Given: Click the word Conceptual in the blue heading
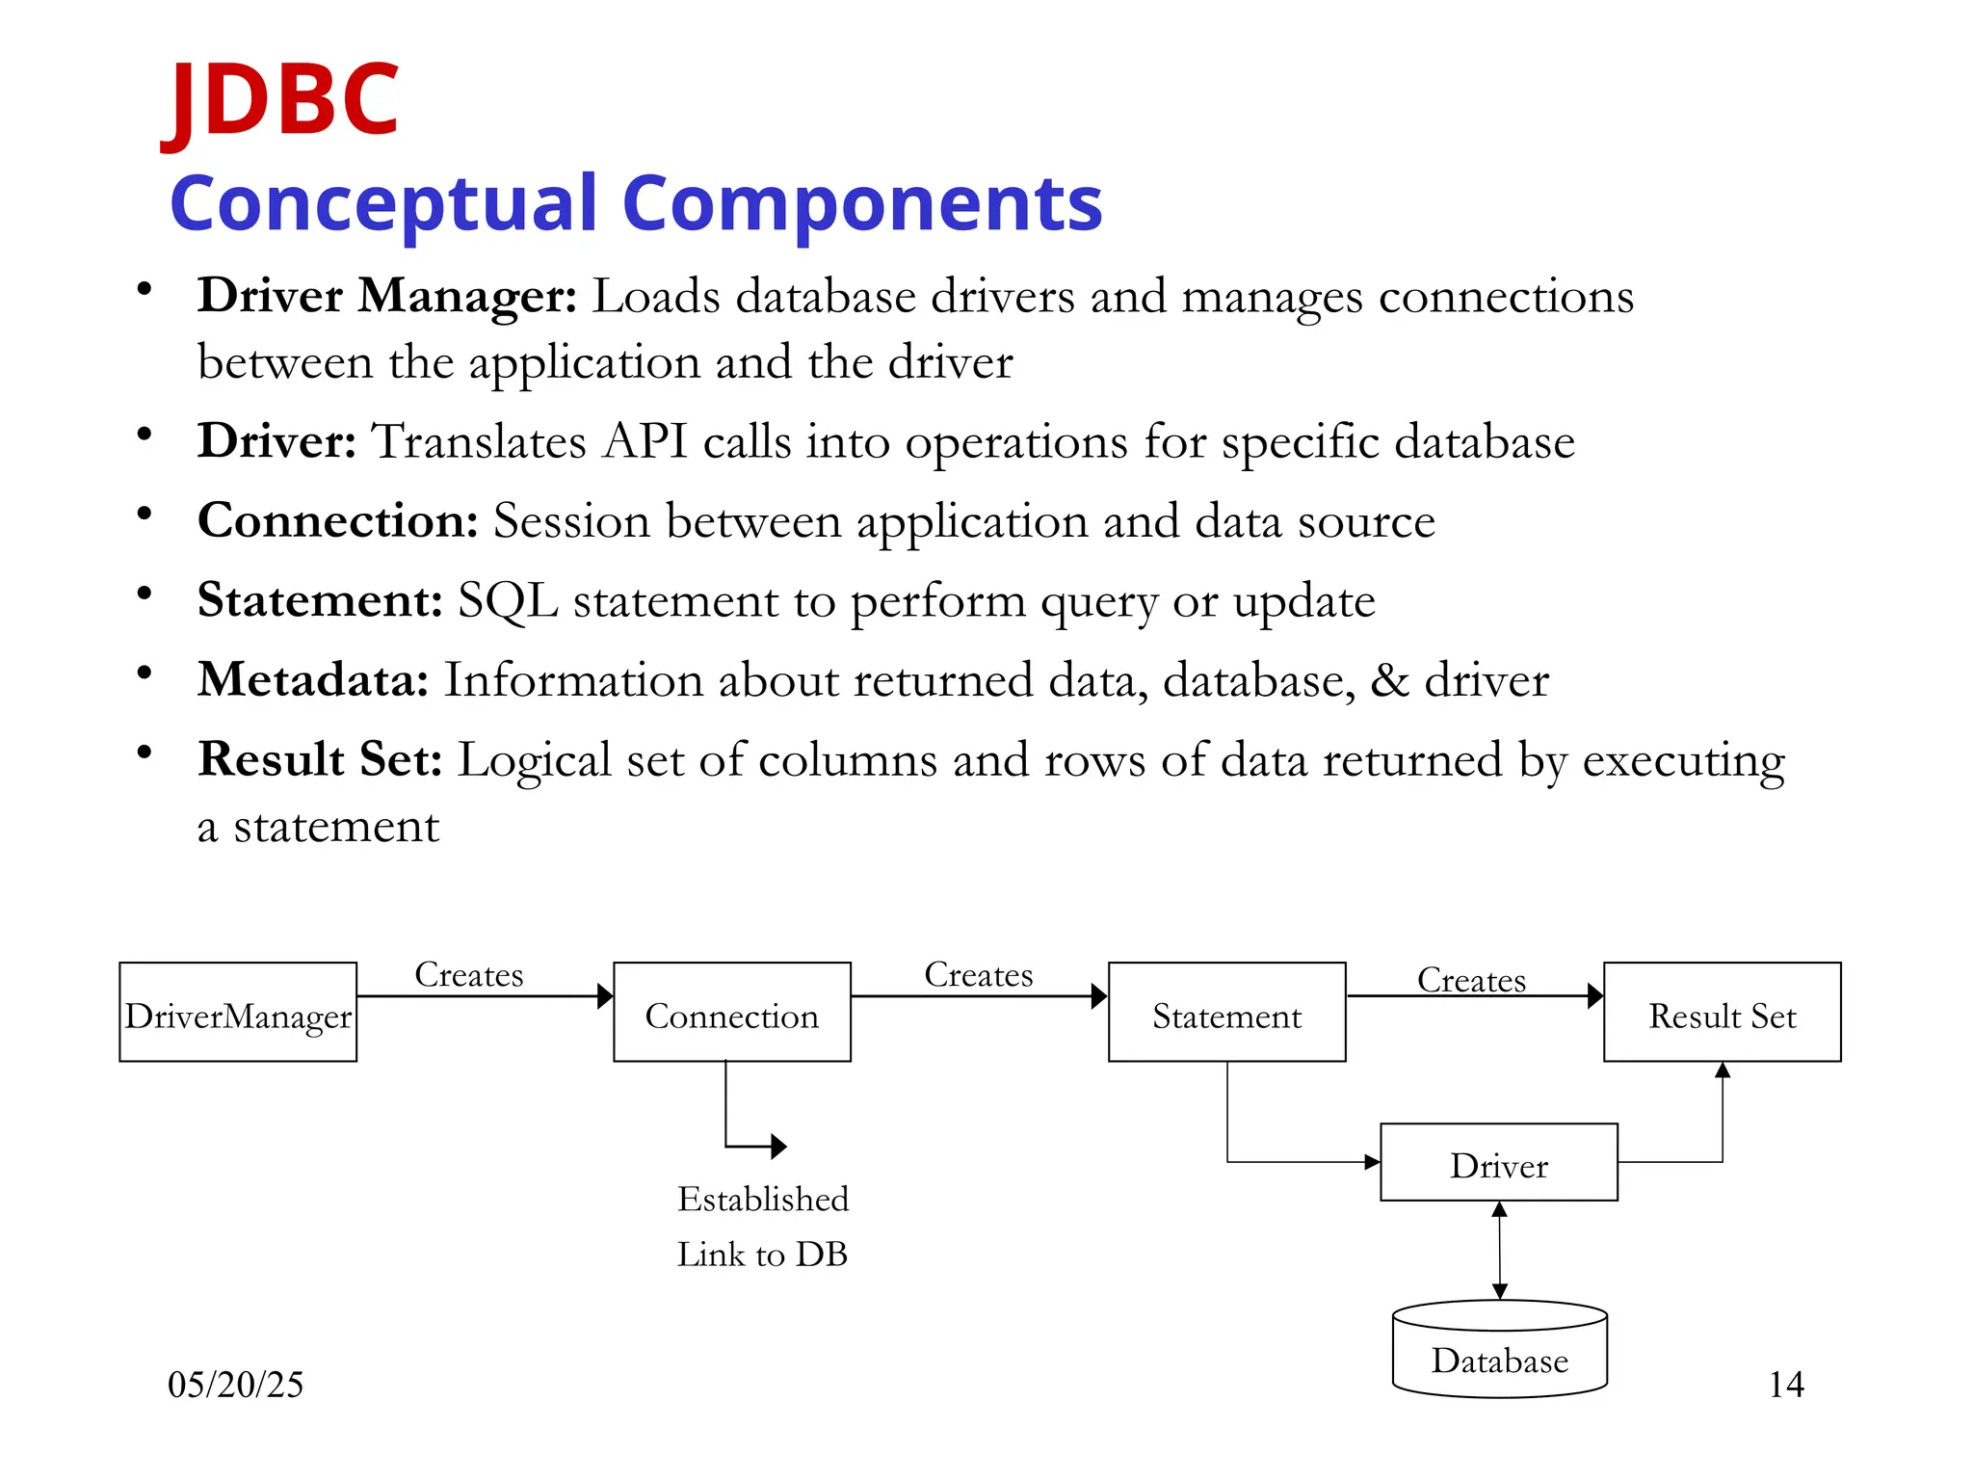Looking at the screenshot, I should [384, 203].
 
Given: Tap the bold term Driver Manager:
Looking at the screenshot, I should [386, 295].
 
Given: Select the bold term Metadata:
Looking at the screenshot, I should [313, 679].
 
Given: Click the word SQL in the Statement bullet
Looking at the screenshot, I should [508, 600].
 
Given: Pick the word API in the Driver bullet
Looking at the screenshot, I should [645, 441].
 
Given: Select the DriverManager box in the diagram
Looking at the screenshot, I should [238, 1013].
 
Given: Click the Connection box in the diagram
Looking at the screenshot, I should [732, 1013].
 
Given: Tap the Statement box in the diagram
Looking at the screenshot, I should [1226, 1013].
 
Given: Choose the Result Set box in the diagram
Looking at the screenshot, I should [1722, 1013].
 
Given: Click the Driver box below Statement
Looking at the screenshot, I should [1498, 1163].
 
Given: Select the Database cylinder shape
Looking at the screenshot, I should [1499, 1351].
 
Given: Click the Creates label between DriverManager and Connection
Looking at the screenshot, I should [469, 975].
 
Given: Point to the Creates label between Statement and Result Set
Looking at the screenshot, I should [1471, 980].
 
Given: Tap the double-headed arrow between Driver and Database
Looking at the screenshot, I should [1499, 1250].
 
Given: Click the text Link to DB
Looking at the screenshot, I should [762, 1255].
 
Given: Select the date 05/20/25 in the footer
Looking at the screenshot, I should [235, 1385].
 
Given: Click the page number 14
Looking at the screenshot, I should [1785, 1385].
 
